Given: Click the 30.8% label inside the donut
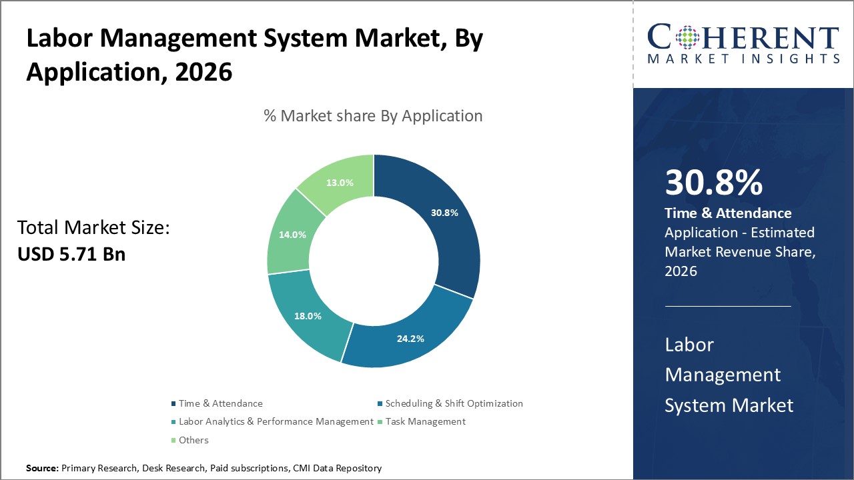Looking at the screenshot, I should pos(444,213).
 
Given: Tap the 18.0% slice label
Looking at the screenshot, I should pos(308,316).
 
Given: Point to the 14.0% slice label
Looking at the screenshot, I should pos(292,235).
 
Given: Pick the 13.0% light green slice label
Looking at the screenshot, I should pos(340,183).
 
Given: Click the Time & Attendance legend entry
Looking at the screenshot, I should pos(220,403).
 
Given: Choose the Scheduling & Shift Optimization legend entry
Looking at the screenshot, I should pos(454,403).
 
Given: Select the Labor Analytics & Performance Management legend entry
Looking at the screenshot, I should pos(276,421).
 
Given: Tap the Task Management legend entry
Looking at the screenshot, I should pos(425,421).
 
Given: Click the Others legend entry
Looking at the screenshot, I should pos(193,440).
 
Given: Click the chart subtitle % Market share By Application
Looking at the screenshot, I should pos(373,115).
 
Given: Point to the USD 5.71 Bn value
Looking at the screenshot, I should pos(71,254).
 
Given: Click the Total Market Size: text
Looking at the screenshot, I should pos(94,228).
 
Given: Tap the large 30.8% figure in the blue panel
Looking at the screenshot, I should pos(713,183).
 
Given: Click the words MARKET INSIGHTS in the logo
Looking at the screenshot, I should pos(743,59).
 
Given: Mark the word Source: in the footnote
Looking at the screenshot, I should pos(42,469).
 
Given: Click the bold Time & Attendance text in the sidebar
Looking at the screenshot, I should pos(728,213).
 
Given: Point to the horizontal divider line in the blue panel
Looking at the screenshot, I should pos(728,306).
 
